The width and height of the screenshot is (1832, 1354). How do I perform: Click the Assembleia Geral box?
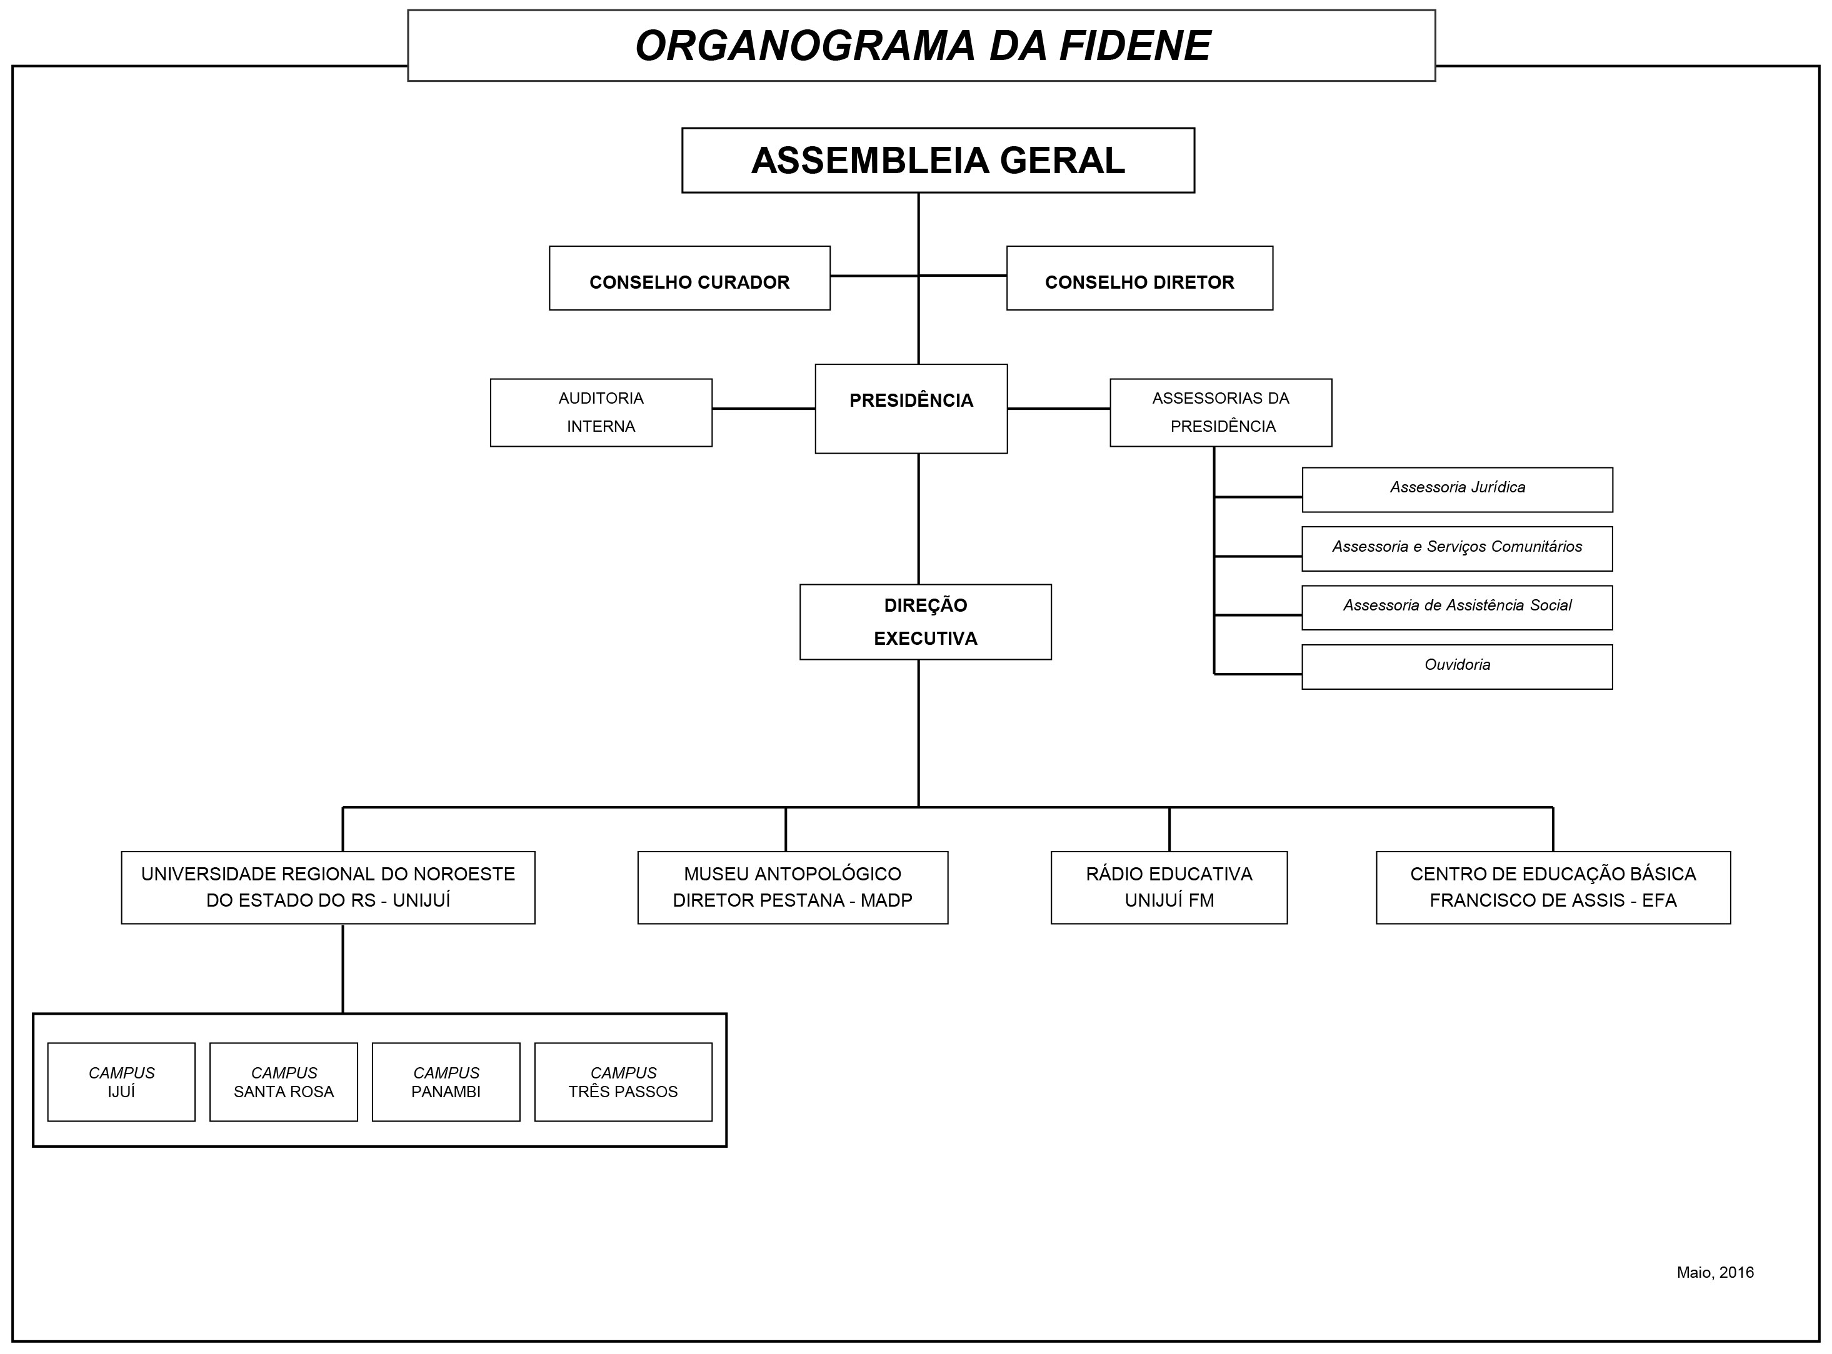pyautogui.click(x=937, y=160)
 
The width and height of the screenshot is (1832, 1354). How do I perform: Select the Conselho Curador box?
pyautogui.click(x=689, y=278)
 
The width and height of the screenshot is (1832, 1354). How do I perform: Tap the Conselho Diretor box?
pyautogui.click(x=1139, y=278)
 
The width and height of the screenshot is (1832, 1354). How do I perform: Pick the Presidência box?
pyautogui.click(x=910, y=408)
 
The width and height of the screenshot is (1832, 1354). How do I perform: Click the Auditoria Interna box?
pyautogui.click(x=600, y=412)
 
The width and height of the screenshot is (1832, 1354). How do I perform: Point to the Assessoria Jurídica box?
pyautogui.click(x=1456, y=489)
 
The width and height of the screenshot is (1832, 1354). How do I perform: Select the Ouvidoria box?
pyautogui.click(x=1456, y=666)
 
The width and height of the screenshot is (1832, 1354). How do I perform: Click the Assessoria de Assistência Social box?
pyautogui.click(x=1456, y=607)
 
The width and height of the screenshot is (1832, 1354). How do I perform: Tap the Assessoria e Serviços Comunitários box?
pyautogui.click(x=1456, y=549)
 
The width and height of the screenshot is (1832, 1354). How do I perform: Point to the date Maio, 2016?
pyautogui.click(x=1714, y=1272)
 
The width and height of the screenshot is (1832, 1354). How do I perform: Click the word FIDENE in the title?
pyautogui.click(x=1134, y=46)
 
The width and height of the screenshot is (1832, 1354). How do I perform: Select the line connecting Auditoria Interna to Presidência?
pyautogui.click(x=763, y=408)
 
